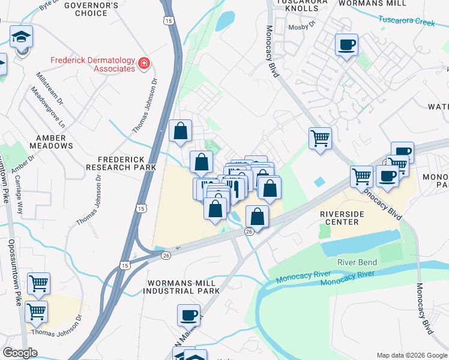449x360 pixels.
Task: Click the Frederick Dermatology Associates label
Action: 92,64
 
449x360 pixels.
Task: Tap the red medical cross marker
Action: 143,63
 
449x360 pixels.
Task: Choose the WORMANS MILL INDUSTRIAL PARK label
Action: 181,287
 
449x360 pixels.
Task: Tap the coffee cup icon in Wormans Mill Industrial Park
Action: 189,314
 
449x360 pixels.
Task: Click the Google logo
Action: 20,352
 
